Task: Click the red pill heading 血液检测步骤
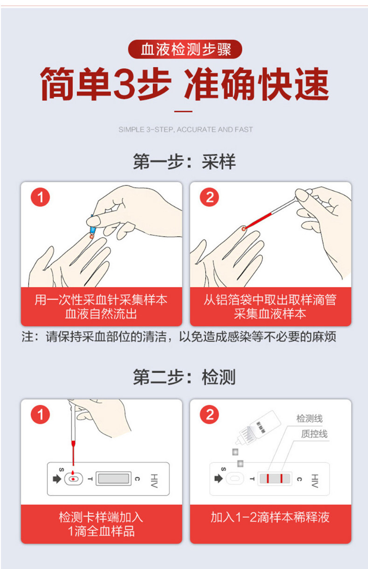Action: tap(185, 49)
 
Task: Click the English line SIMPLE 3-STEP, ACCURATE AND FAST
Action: tap(186, 129)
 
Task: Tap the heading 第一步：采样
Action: tap(184, 161)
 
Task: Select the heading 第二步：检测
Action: tap(184, 377)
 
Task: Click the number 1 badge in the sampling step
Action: tap(40, 197)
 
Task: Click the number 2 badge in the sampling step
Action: tap(210, 197)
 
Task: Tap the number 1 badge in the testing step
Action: tap(40, 415)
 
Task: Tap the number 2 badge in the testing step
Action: tap(210, 415)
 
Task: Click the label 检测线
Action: tap(309, 419)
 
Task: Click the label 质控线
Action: tap(314, 434)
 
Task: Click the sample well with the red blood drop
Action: tap(74, 479)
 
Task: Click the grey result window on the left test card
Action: tap(114, 479)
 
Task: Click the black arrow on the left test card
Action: tap(57, 479)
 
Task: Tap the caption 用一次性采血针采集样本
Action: tap(101, 300)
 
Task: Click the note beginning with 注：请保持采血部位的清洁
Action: tap(179, 336)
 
